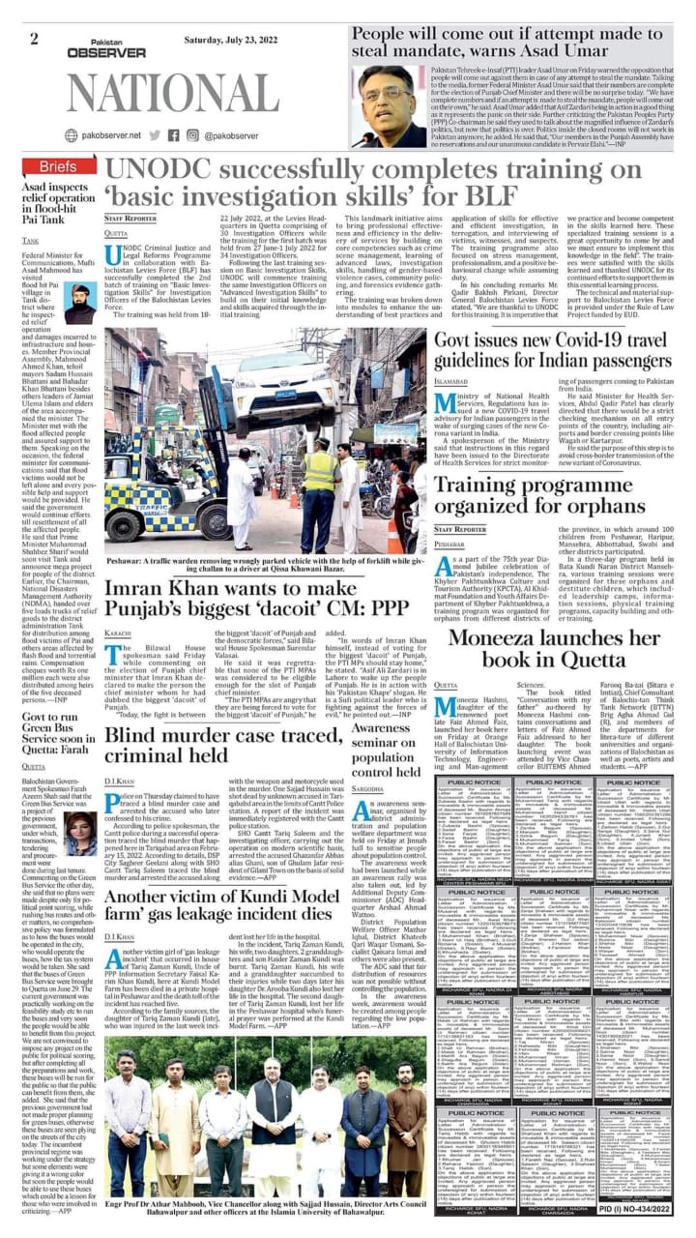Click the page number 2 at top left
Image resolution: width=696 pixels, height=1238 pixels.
(x=34, y=40)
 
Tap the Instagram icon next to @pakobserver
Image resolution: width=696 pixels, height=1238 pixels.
(x=193, y=136)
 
